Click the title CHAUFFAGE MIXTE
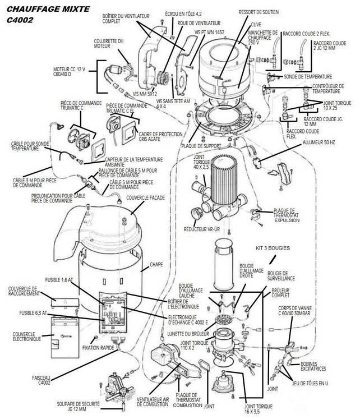[x=48, y=9]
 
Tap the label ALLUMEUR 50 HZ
[x=319, y=142]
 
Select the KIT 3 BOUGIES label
[x=273, y=248]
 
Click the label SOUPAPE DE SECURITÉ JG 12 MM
[x=78, y=406]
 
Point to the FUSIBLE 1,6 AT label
[x=59, y=280]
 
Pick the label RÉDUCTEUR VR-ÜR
[x=202, y=229]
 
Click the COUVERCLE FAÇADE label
[x=145, y=198]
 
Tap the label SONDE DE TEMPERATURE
[x=308, y=77]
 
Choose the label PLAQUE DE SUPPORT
[x=201, y=146]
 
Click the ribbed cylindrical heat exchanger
[x=224, y=179]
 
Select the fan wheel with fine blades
[x=163, y=77]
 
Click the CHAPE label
[x=156, y=264]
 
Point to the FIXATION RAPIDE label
[x=98, y=348]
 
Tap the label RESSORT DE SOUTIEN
[x=259, y=12]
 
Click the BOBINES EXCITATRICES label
[x=313, y=366]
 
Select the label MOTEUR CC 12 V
[x=69, y=72]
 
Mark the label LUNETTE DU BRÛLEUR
[x=188, y=334]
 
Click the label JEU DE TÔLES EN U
[x=310, y=383]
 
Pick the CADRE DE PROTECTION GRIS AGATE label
[x=160, y=136]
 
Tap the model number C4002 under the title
[x=20, y=20]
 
